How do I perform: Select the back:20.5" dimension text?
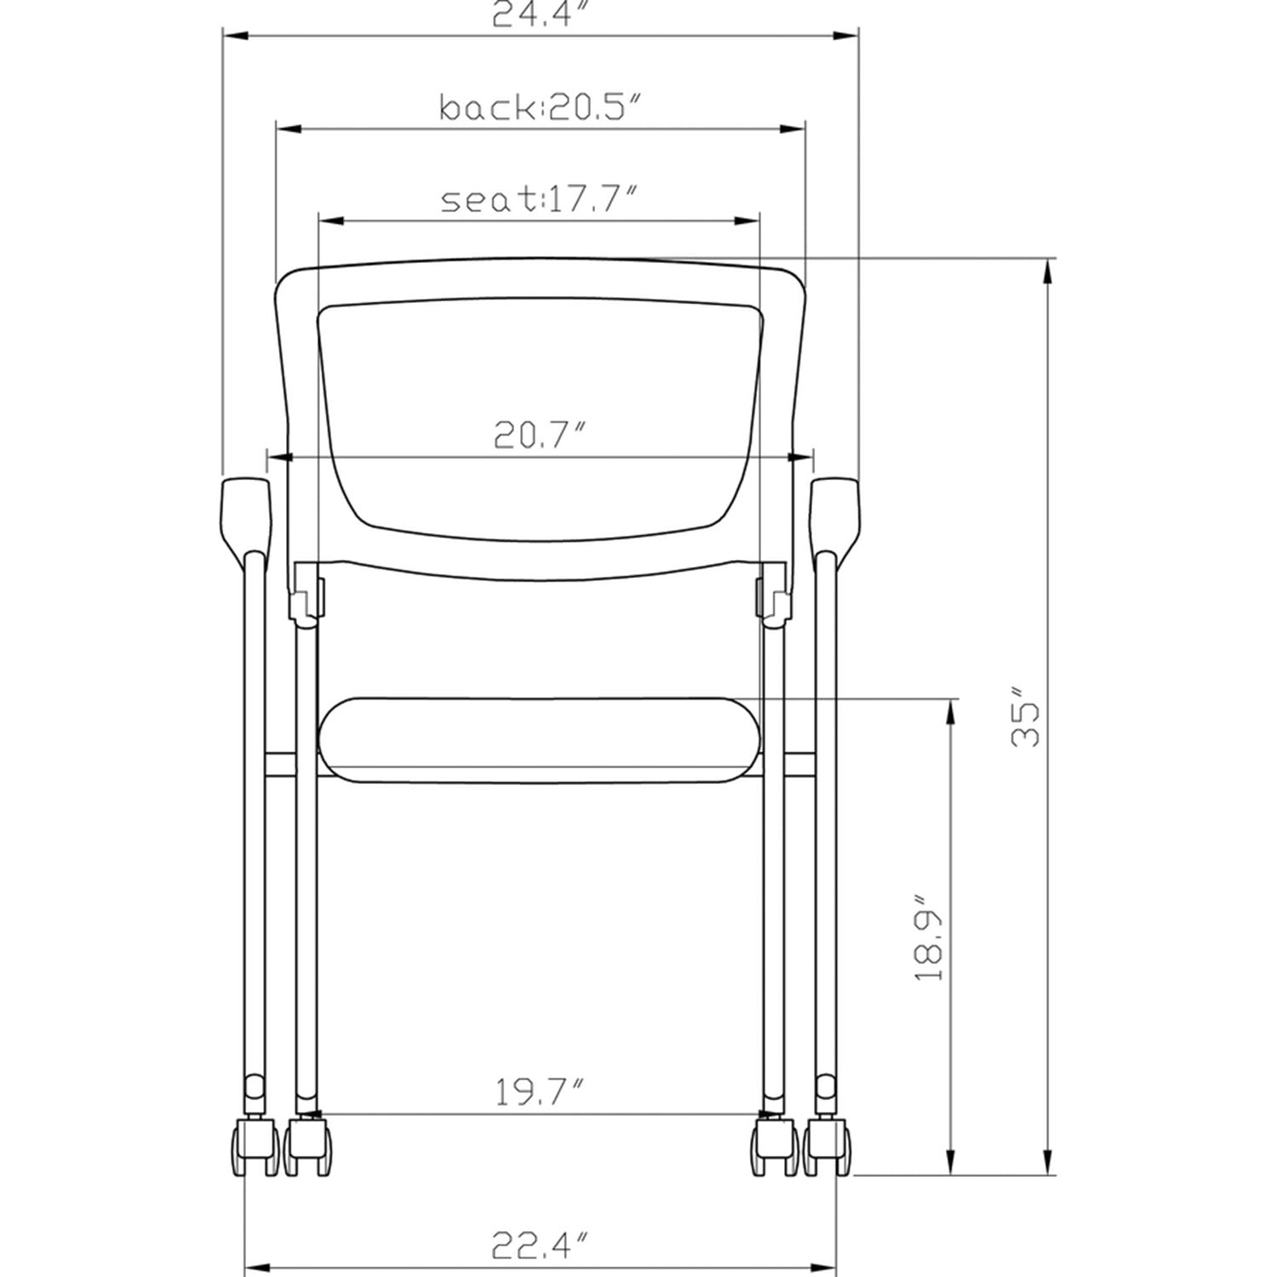click(539, 108)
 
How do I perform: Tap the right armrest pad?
click(835, 515)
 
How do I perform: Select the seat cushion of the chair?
click(539, 739)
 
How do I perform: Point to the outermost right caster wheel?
click(828, 1149)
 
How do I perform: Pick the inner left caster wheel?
click(308, 1149)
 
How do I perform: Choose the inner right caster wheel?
click(775, 1149)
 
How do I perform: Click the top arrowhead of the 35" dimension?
click(1048, 272)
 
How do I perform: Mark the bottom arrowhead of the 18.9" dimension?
click(948, 1162)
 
